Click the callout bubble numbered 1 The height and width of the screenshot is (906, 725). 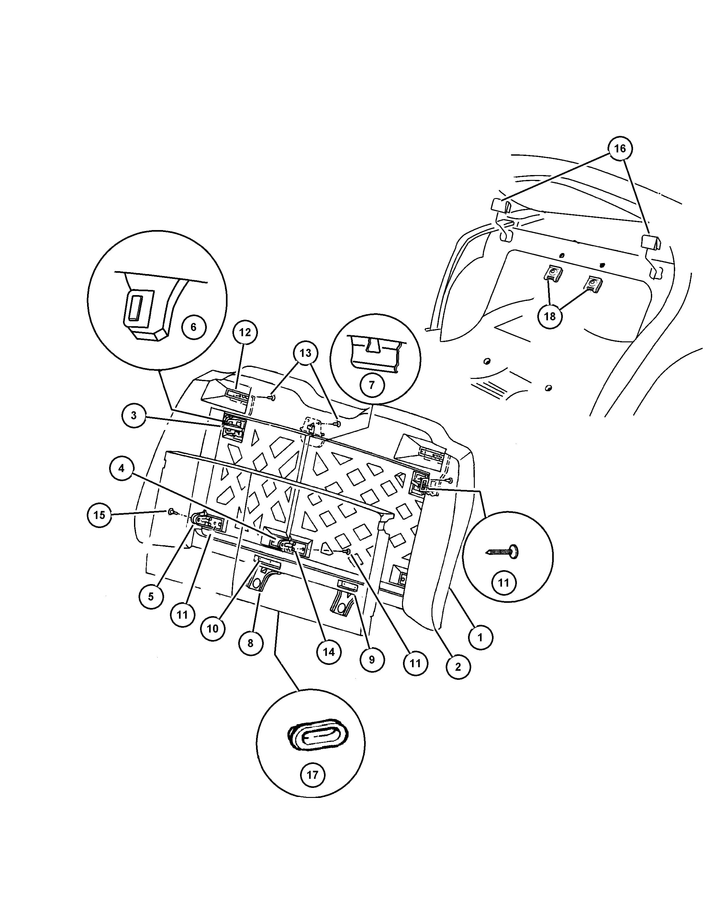pyautogui.click(x=480, y=637)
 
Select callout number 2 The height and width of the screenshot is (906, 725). pyautogui.click(x=458, y=667)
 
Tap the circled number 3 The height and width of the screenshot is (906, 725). pyautogui.click(x=134, y=415)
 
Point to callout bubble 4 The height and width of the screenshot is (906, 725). pyautogui.click(x=121, y=468)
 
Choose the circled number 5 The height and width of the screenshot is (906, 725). pyautogui.click(x=151, y=596)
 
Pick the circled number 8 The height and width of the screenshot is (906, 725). pyautogui.click(x=251, y=643)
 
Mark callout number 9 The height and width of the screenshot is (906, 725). pyautogui.click(x=372, y=659)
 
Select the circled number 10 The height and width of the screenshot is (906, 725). pyautogui.click(x=213, y=629)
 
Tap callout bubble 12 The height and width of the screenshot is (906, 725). pyautogui.click(x=245, y=332)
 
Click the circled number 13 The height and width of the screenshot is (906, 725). pyautogui.click(x=306, y=353)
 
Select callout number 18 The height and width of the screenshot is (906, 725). pyautogui.click(x=550, y=316)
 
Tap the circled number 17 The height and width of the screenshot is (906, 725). pyautogui.click(x=312, y=775)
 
